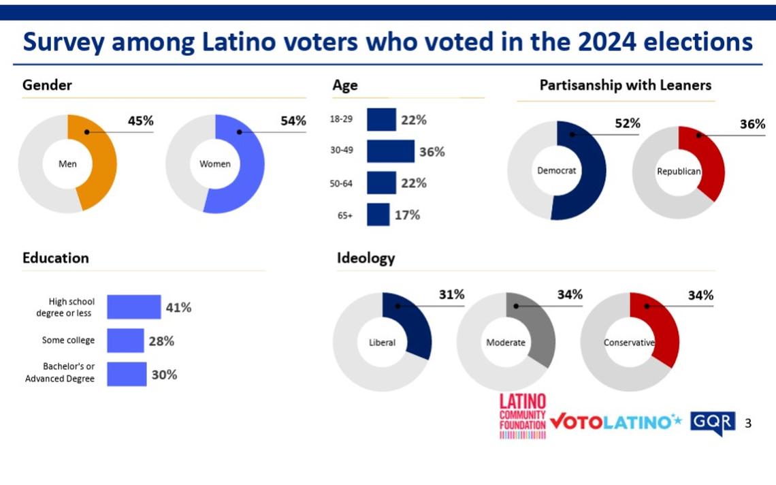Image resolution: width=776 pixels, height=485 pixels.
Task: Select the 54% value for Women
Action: pos(293,121)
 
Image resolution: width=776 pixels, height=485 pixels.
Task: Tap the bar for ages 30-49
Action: pos(390,151)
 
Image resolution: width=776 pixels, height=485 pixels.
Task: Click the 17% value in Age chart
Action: pos(407,215)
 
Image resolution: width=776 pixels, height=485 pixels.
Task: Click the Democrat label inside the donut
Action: pos(557,170)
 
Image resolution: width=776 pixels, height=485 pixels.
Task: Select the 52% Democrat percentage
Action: pos(627,123)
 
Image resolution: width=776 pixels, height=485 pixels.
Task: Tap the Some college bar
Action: pos(125,341)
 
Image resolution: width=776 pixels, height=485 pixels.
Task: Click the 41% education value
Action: pos(178,307)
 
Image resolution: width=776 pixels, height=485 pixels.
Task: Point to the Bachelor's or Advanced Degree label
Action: pos(60,373)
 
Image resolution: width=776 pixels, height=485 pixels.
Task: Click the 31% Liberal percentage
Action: pos(451,295)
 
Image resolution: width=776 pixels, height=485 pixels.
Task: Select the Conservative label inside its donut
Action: pos(629,343)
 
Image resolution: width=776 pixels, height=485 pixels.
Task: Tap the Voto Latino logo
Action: pos(615,422)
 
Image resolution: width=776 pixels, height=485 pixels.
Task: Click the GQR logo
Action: pos(713,422)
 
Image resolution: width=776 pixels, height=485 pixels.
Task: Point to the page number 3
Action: pos(749,424)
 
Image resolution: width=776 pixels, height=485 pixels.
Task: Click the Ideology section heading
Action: pos(366,258)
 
